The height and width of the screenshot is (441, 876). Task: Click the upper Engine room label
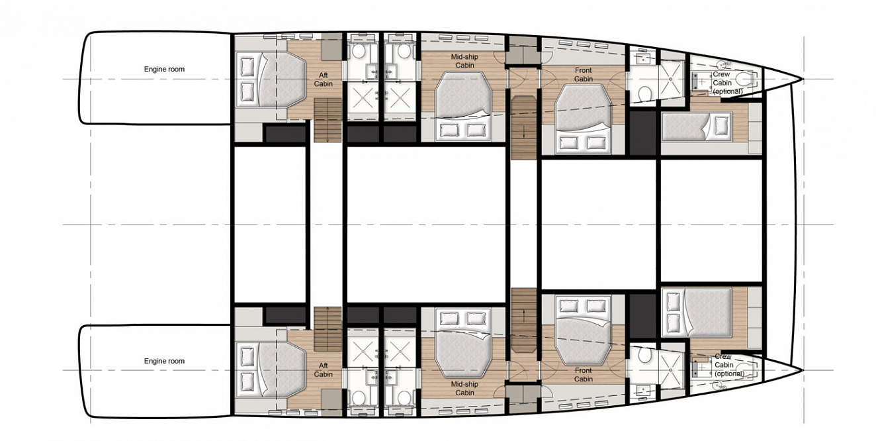164,70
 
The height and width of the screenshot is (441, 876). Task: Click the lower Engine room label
164,361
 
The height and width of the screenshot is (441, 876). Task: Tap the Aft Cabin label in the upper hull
323,79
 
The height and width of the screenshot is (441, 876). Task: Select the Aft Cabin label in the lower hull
323,369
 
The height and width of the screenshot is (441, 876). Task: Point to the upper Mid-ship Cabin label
464,61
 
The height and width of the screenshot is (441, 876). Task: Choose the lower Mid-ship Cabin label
464,388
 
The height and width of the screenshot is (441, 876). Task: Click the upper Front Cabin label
584,74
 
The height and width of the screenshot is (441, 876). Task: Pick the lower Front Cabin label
584,375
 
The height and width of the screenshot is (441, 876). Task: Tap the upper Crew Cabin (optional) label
727,83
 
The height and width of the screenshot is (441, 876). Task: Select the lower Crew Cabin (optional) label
729,365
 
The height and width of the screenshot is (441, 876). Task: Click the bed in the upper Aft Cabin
271,80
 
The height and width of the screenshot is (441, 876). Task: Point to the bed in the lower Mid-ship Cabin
463,343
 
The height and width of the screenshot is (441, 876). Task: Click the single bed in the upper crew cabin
696,127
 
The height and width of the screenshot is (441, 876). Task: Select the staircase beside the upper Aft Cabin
328,120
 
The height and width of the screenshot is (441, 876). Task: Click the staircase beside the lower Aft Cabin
328,328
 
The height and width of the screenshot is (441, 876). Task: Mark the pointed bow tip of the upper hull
803,79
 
